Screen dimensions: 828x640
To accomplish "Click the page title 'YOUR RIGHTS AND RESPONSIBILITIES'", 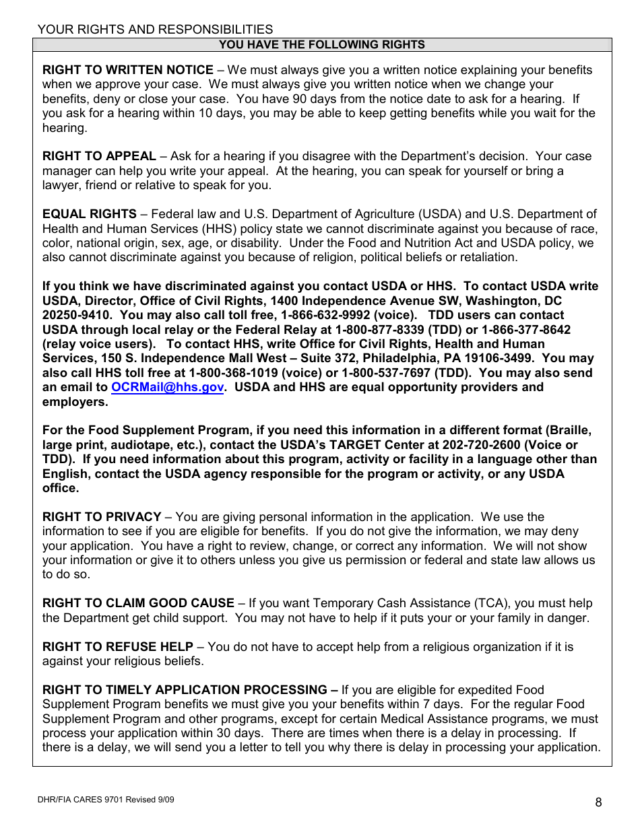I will (155, 30).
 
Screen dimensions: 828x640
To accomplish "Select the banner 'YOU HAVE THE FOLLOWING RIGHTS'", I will (322, 45).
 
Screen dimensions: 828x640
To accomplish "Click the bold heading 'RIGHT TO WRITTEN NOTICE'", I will (128, 70).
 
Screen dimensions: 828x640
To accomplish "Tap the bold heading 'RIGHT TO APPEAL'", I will (99, 156).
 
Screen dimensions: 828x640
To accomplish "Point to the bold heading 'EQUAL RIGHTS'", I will (89, 214).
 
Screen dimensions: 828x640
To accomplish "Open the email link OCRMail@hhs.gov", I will (167, 387).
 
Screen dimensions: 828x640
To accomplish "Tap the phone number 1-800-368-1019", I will (233, 373).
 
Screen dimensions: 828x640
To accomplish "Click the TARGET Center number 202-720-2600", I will (481, 445).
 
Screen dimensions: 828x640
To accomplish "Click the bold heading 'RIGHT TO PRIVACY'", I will (102, 517).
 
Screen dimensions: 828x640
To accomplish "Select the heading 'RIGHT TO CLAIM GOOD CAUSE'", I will (138, 603).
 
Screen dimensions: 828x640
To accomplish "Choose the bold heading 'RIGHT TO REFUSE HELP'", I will (118, 647).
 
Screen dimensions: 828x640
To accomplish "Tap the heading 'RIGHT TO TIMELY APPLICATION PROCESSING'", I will (185, 690).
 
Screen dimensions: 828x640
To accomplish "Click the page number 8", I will (598, 802).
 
